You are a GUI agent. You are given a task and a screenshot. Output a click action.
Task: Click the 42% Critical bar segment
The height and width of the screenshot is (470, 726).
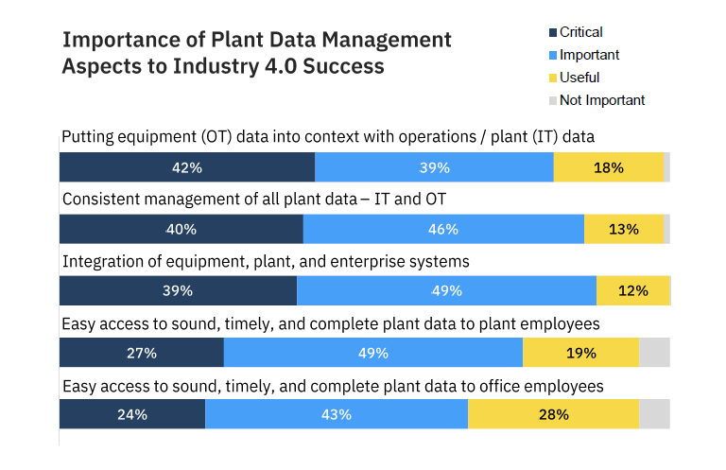[187, 167]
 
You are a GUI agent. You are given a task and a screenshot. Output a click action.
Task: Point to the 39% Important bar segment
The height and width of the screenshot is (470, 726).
[434, 167]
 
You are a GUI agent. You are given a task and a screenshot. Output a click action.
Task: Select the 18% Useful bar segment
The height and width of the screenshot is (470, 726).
[608, 167]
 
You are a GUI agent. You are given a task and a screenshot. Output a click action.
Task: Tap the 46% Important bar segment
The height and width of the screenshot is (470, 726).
[443, 229]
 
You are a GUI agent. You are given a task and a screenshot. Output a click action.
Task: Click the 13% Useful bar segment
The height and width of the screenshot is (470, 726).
[624, 229]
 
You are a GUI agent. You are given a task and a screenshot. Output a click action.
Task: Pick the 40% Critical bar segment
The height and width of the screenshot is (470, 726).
[181, 229]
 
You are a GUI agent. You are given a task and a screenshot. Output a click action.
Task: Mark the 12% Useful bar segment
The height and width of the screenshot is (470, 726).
[632, 291]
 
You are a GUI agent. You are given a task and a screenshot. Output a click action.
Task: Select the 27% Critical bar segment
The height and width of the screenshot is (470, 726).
[142, 353]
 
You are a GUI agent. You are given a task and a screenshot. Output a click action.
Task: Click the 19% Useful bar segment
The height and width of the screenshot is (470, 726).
[580, 353]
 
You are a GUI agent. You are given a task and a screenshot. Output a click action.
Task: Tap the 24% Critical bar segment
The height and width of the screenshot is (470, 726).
[132, 414]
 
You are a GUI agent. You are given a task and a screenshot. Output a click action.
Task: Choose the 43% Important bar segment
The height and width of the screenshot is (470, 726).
[337, 414]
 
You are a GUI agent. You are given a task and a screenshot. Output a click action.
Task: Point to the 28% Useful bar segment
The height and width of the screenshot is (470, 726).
[554, 414]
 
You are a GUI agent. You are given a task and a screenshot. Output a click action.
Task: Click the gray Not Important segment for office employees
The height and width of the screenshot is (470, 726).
[654, 414]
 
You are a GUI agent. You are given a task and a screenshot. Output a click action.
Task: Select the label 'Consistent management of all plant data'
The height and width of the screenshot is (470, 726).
[253, 199]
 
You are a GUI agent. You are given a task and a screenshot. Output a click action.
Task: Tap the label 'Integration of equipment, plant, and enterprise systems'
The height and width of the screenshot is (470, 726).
[266, 260]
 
